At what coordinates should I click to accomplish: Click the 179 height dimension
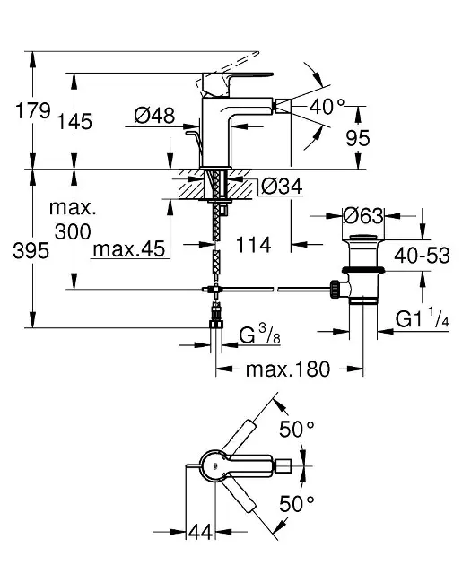point(33,110)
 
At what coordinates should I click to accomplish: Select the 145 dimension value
point(74,121)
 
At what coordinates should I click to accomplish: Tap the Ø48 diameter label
point(154,116)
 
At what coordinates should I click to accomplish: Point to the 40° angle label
point(327,107)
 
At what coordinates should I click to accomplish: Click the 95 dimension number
point(358,138)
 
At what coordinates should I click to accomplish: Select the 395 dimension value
point(31,250)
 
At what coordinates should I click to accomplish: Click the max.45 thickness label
point(129,248)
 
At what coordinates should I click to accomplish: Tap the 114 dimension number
point(253,245)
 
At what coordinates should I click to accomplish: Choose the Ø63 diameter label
point(362,216)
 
